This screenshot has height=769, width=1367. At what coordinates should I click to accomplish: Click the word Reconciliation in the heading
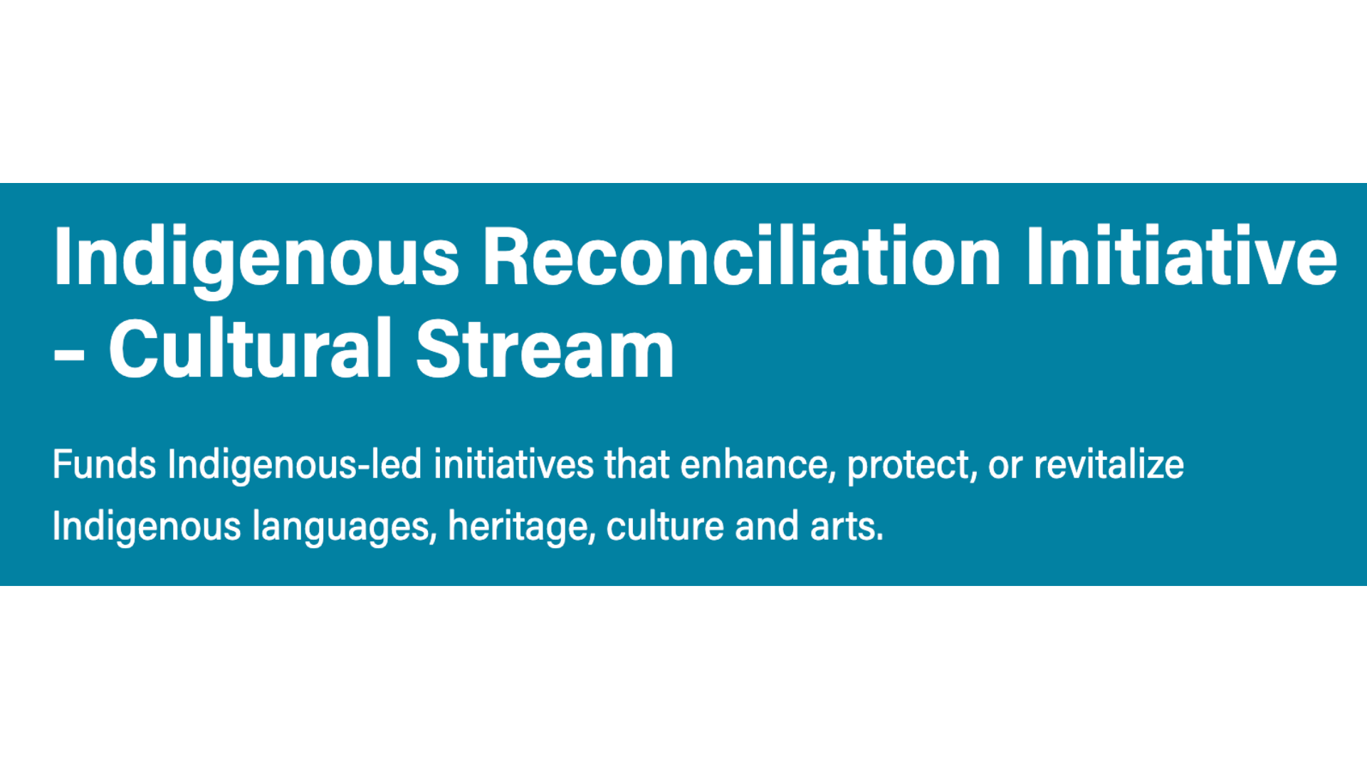(742, 256)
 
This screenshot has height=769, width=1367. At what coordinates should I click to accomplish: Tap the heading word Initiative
(1181, 256)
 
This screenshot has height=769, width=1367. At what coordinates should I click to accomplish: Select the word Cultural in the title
(250, 349)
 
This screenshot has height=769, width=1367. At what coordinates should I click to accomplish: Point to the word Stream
(545, 349)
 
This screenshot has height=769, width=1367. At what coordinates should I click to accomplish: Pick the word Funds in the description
(104, 464)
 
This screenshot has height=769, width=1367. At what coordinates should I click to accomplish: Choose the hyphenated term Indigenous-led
(295, 464)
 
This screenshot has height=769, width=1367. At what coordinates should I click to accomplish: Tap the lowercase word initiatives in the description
(513, 464)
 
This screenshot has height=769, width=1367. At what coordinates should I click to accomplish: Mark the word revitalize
(1109, 464)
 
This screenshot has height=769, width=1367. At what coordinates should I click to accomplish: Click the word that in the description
(637, 464)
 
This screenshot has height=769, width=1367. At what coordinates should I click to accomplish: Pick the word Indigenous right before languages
(147, 527)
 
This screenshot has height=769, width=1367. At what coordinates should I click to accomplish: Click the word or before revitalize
(1005, 466)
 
